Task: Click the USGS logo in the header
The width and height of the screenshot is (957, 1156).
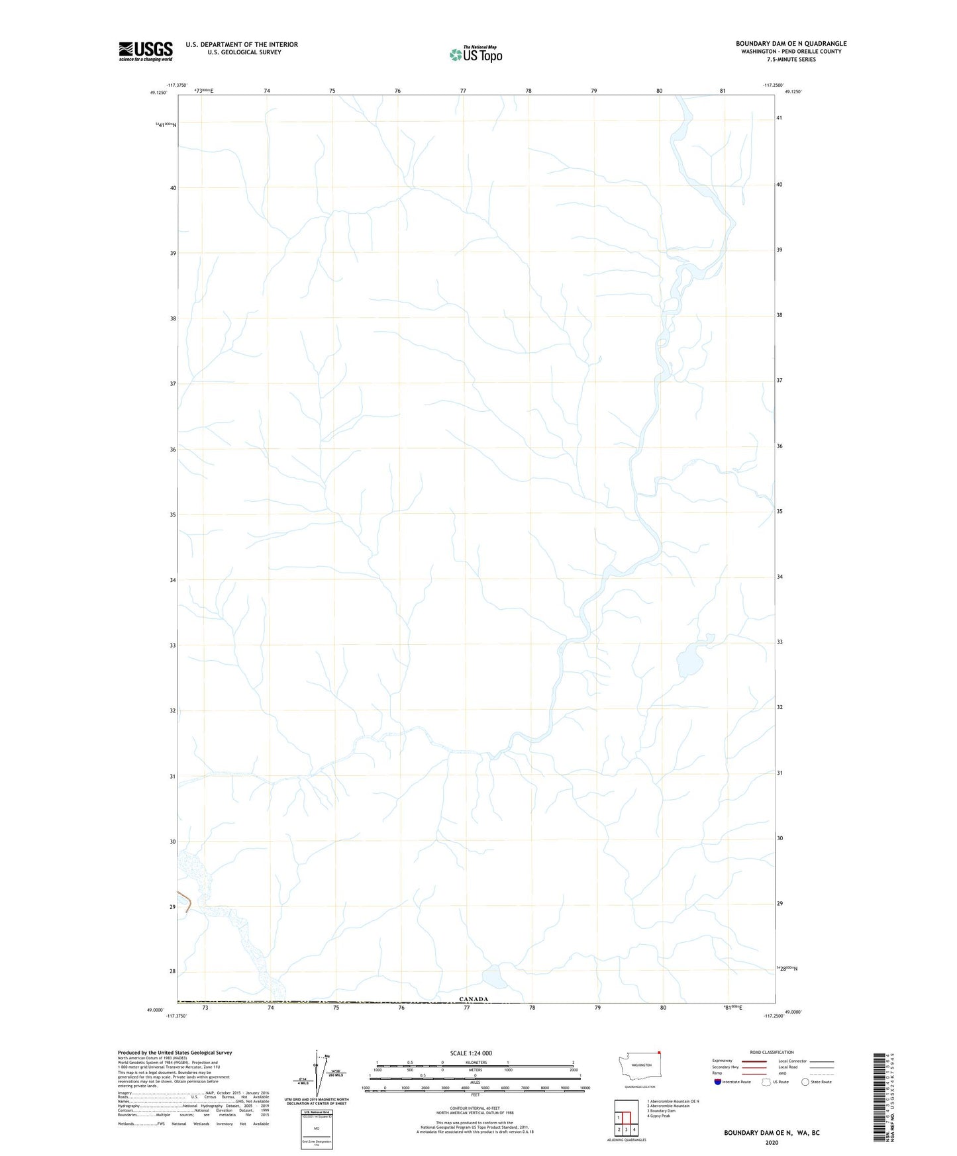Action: point(146,51)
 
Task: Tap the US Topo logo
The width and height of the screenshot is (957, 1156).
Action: point(476,54)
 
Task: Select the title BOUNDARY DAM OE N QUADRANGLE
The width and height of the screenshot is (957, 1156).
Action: point(791,44)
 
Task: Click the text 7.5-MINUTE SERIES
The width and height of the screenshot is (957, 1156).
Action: point(791,60)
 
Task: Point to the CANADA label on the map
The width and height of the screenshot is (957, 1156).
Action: point(474,999)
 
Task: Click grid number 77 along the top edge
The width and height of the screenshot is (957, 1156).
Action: point(463,91)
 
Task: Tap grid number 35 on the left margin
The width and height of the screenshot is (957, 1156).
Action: point(173,514)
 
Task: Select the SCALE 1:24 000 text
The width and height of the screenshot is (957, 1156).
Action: point(471,1053)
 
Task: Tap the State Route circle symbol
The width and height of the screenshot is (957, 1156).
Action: point(805,1082)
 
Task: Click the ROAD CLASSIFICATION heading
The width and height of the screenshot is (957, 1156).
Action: point(772,1052)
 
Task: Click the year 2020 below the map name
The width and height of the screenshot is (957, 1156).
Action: point(772,1142)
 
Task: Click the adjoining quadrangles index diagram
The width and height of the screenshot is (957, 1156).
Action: point(626,1116)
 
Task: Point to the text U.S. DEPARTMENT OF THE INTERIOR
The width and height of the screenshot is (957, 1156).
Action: point(242,44)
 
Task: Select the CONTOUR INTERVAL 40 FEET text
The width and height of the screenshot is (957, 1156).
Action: point(475,1108)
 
